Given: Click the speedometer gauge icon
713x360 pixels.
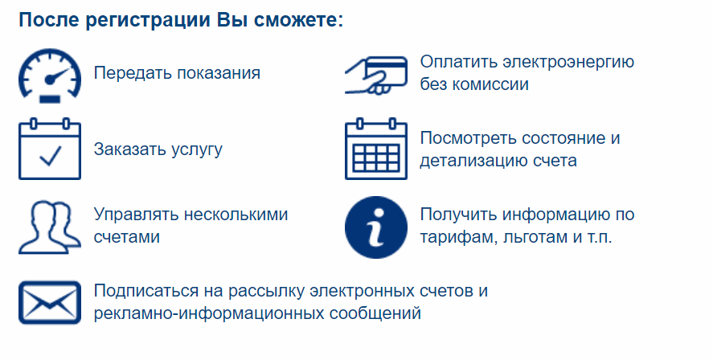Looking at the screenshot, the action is click(50, 76).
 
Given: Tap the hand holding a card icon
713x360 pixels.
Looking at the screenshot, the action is click(376, 76).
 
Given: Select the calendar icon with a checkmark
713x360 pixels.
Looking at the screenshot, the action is click(50, 149).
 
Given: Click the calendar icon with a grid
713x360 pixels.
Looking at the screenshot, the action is click(376, 149).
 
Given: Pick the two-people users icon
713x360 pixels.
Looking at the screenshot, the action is click(50, 227).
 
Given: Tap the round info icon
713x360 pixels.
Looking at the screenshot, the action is click(376, 227).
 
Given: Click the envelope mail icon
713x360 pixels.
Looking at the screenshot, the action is click(50, 303).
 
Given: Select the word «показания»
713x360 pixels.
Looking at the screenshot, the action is click(219, 73).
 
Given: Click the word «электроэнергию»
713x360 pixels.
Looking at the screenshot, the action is click(568, 62).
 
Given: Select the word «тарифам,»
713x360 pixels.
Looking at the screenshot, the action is click(459, 238).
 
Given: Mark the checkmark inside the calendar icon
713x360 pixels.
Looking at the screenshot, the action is click(51, 155).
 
